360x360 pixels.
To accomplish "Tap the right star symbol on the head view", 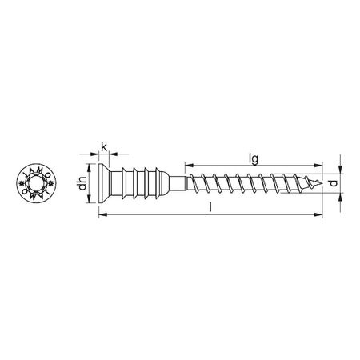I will (x=51, y=186).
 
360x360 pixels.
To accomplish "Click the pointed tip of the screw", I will (x=326, y=186).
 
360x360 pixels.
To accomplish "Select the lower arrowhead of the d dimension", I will (x=341, y=201).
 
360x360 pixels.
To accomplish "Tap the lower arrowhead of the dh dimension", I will (x=90, y=205).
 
